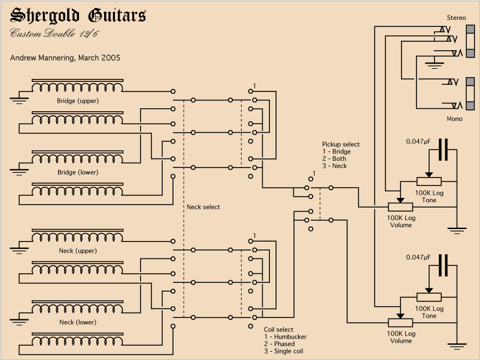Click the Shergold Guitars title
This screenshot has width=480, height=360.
tap(78, 16)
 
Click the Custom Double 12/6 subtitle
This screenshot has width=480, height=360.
tap(54, 33)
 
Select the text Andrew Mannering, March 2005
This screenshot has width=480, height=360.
tap(65, 59)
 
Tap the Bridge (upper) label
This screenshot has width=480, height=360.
tap(78, 101)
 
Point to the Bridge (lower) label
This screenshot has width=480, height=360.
tap(78, 172)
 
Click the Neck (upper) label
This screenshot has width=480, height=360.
tap(78, 251)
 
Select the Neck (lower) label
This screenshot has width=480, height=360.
tap(78, 322)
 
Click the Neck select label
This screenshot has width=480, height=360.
tap(203, 207)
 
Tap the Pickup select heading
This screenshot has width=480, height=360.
tap(341, 145)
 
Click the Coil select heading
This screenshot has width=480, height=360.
tap(279, 330)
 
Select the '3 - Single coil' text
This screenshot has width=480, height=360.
tap(284, 351)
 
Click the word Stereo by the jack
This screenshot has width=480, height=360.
tap(456, 18)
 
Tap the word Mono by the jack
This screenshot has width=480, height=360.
tap(455, 119)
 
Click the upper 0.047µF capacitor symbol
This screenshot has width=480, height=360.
tap(443, 150)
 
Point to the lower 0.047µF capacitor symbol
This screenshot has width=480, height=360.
tap(443, 265)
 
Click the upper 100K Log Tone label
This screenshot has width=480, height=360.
tap(429, 197)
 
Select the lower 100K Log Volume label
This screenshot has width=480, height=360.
tap(401, 337)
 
